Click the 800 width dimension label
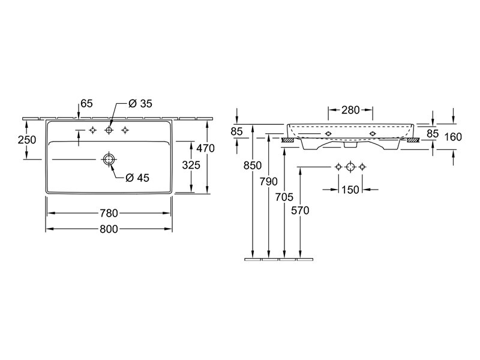point(109,229)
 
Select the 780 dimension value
point(109,213)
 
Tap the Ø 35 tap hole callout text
point(140,104)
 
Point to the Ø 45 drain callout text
point(137,178)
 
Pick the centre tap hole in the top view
point(109,130)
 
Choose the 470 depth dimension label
point(205,148)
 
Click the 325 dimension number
point(191,166)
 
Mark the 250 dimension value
point(27,140)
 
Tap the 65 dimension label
point(86,103)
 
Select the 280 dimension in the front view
point(350,110)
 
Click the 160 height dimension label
point(453,137)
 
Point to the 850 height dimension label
point(253,166)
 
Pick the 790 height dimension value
point(268,182)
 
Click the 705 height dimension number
point(284,197)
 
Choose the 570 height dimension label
point(300,211)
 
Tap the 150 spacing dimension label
point(350,190)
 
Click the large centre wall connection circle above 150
point(350,167)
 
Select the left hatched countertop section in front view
point(287,140)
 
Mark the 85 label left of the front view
point(236,131)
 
